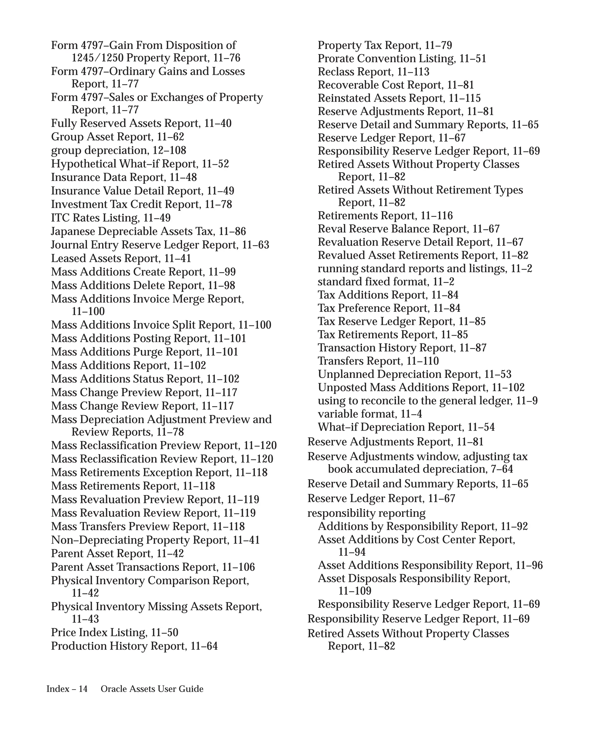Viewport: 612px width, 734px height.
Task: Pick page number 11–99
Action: click(x=222, y=272)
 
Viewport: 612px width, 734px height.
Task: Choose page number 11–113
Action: click(x=413, y=72)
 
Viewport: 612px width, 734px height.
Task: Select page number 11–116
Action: click(x=437, y=216)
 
